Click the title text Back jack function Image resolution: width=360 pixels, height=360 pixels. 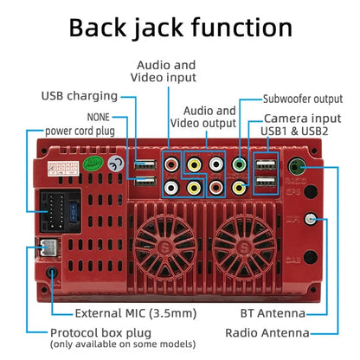pos(181,28)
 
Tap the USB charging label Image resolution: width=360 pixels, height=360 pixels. pos(80,96)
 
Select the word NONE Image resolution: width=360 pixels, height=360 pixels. pos(99,117)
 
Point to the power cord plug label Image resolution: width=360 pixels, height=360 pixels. pos(80,131)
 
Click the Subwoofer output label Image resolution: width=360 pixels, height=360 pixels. pos(303,99)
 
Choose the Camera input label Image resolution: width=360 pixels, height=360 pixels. pos(303,119)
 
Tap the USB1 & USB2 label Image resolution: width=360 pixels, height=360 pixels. pos(294,132)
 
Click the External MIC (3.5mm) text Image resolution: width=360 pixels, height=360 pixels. pos(136,313)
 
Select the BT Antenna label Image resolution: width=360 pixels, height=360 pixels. pos(273,313)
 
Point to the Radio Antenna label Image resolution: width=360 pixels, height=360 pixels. pos(267,333)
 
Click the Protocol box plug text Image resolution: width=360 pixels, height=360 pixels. pos(100,333)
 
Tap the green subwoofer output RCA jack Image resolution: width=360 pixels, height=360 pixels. pos(239,165)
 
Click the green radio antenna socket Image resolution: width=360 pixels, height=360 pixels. pos(297,166)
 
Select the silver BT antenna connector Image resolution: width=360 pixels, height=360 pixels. pos(311,219)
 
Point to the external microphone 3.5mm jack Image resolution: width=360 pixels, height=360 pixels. pos(52,273)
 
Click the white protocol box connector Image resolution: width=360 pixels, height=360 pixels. pos(49,247)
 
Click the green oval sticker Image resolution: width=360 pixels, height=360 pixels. pos(93,164)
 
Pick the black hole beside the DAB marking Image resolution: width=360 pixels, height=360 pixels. pos(311,257)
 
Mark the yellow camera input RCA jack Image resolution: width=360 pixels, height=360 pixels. pos(239,188)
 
